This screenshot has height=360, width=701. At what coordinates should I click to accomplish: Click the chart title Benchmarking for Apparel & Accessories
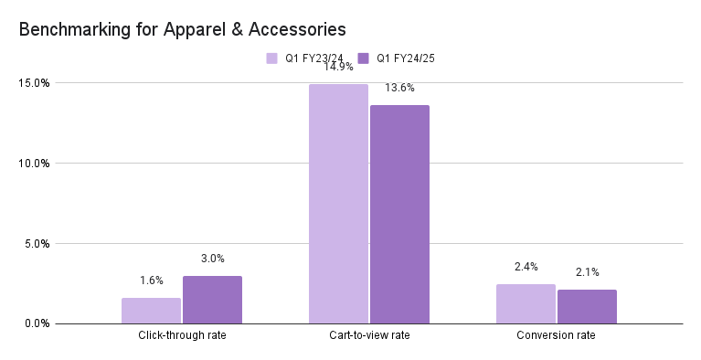click(x=183, y=29)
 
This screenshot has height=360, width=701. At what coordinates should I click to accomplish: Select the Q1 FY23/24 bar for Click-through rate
click(x=151, y=311)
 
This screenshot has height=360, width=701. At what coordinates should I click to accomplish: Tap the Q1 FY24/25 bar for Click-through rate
click(x=212, y=300)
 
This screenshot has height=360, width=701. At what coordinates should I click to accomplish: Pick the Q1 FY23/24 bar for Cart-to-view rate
click(x=338, y=204)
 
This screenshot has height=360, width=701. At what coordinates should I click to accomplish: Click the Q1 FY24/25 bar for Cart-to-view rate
click(x=399, y=215)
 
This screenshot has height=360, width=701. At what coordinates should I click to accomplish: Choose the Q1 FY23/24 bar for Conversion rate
click(x=526, y=304)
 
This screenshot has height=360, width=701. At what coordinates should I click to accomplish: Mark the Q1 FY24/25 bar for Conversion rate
click(x=587, y=307)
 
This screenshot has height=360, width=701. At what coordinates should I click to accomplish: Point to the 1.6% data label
click(x=151, y=281)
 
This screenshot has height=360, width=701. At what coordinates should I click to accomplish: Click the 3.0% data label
click(x=212, y=259)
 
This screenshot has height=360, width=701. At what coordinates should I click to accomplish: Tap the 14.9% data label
click(x=338, y=67)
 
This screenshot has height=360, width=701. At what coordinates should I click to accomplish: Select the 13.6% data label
click(x=399, y=88)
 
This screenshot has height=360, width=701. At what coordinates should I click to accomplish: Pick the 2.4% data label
click(x=526, y=267)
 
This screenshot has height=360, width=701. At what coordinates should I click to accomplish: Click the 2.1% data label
click(x=587, y=272)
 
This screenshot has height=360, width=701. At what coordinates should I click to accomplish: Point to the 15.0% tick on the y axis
click(x=35, y=83)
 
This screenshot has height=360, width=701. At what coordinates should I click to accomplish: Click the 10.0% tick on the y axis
click(x=35, y=164)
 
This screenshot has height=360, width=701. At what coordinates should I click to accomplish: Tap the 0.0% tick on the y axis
click(x=37, y=323)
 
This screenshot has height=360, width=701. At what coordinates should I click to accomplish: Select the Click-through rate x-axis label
click(x=182, y=336)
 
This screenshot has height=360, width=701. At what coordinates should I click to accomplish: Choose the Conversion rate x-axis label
click(x=557, y=336)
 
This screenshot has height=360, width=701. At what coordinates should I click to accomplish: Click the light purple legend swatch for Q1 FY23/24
click(x=271, y=58)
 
